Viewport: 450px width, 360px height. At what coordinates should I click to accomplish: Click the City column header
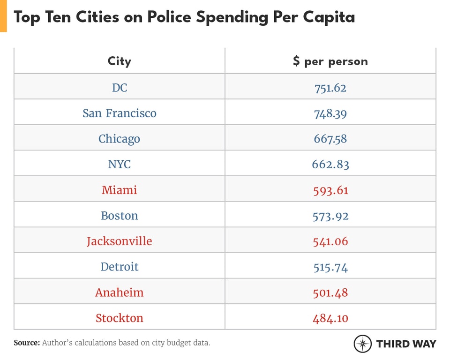point(120,61)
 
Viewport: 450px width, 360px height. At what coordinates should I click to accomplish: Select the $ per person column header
point(330,61)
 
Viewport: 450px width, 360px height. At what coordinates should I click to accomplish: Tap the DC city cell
point(120,88)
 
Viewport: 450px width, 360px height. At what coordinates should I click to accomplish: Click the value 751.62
point(330,88)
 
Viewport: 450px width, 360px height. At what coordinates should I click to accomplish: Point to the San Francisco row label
point(120,113)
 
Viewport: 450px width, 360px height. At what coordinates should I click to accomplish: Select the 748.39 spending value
point(330,113)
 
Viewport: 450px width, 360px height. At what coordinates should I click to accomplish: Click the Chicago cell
point(120,139)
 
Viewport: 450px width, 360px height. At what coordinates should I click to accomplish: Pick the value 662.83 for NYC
point(330,165)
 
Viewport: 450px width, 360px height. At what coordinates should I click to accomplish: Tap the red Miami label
point(120,190)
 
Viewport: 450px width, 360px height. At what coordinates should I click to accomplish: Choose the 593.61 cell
point(330,190)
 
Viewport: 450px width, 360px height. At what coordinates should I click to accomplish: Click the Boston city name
point(120,216)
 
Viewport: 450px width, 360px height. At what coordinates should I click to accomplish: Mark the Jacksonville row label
point(120,241)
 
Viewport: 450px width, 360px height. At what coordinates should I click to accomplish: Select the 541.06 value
point(330,241)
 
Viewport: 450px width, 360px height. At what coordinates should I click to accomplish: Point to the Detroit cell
point(120,267)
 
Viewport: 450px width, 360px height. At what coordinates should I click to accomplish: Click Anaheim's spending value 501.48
point(330,292)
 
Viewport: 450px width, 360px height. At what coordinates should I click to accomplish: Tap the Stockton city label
point(120,318)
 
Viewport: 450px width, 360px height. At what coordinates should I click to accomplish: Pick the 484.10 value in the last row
point(330,318)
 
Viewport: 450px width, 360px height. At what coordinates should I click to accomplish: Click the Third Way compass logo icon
point(362,344)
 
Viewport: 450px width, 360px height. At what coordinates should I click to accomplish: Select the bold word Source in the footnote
point(27,343)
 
